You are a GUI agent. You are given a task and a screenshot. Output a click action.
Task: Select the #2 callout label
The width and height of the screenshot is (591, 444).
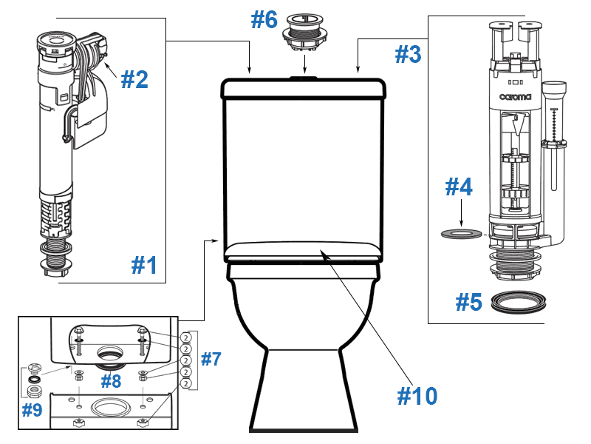[134, 79]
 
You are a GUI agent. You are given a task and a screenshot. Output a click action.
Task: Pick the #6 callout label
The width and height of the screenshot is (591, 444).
[264, 20]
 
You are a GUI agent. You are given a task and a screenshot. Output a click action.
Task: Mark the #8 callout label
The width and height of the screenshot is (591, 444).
[111, 382]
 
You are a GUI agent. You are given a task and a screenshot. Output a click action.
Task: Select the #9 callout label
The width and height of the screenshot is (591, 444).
[32, 410]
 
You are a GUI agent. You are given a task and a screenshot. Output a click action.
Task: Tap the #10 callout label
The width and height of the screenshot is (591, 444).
[417, 396]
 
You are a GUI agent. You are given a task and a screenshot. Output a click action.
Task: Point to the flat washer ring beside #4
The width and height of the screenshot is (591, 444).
[461, 235]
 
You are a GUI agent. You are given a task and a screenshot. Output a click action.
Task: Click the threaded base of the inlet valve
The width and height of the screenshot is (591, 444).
[55, 255]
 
